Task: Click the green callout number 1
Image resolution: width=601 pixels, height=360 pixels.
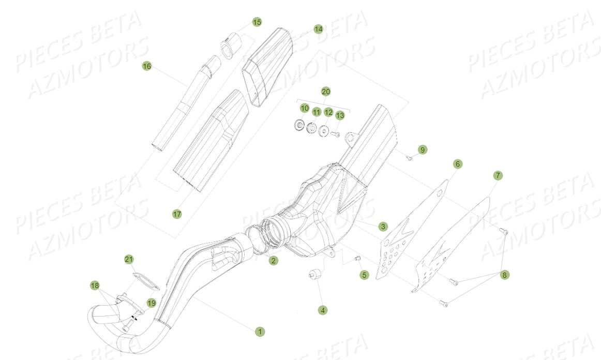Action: (x=260, y=331)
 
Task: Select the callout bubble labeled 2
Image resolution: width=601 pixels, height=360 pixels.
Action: (x=273, y=261)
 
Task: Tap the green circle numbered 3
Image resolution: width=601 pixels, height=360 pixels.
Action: (x=382, y=227)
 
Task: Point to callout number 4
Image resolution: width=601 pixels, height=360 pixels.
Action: (x=323, y=310)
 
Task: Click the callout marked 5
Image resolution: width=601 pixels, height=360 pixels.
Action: (x=364, y=275)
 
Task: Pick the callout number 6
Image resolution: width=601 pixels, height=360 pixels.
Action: (x=457, y=164)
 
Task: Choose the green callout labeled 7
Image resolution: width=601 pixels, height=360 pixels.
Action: (x=498, y=176)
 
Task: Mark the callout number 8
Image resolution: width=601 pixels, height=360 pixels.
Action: (x=504, y=275)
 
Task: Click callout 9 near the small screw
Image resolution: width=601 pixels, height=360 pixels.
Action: (x=423, y=150)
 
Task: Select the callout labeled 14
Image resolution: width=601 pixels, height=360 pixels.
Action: (x=318, y=29)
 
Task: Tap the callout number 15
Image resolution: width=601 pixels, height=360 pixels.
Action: (x=257, y=22)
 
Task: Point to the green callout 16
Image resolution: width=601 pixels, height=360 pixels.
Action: (x=147, y=66)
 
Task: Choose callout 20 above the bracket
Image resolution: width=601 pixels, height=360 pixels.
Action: (x=325, y=92)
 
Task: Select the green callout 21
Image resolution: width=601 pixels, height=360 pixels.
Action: (x=129, y=259)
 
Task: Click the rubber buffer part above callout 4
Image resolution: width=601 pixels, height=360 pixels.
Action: (x=314, y=275)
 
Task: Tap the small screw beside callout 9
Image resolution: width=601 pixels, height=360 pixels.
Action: (x=408, y=158)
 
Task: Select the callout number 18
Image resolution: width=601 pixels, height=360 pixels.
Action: (x=95, y=285)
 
